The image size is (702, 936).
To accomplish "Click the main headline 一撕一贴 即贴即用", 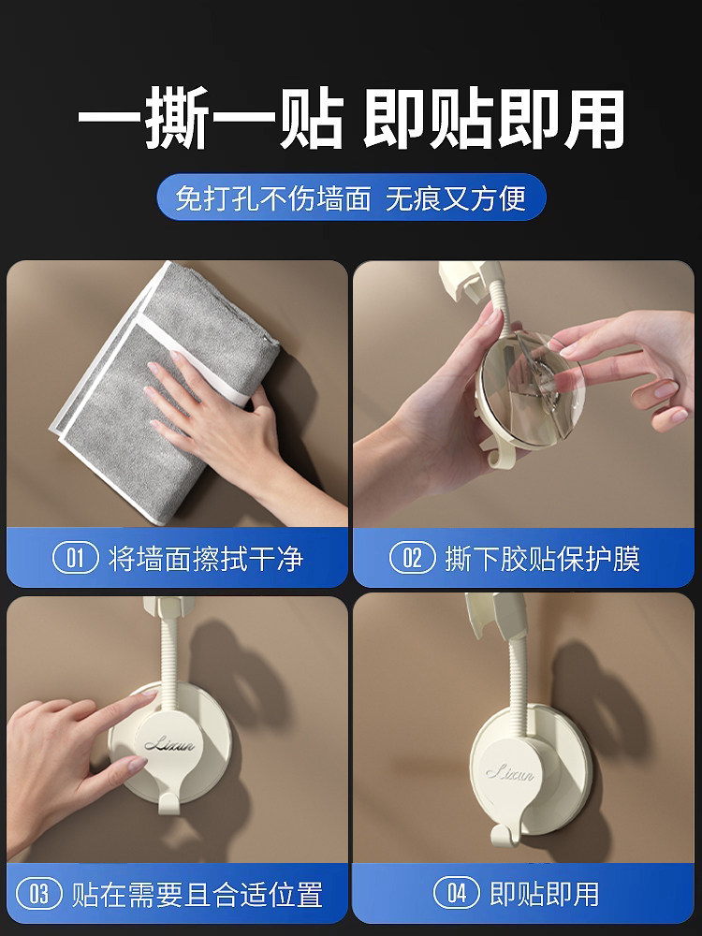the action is [x=351, y=118].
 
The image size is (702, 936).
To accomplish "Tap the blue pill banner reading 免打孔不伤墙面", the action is [x=351, y=197].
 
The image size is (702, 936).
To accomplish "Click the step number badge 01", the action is [x=75, y=558].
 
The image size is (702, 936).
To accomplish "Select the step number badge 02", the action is [x=413, y=558].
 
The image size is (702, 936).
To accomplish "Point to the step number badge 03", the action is [x=38, y=894].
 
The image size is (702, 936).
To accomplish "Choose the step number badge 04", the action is [x=457, y=894].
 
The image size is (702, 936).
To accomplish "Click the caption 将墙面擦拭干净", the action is [x=206, y=559].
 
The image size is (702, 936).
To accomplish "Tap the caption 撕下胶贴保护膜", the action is [x=543, y=559].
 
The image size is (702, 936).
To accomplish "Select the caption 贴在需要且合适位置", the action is [x=197, y=894].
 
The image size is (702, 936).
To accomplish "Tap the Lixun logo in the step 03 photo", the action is [x=169, y=744].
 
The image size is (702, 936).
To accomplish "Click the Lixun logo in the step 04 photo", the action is [x=510, y=774].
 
